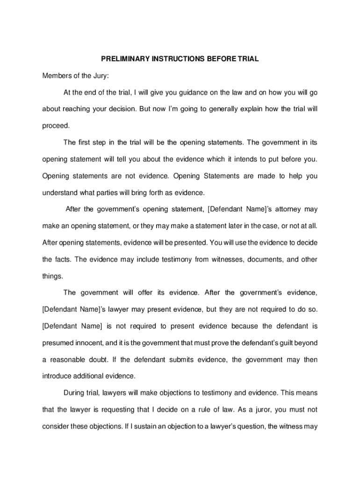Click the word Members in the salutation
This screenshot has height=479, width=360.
coord(56,76)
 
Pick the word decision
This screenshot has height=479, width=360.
coord(121,109)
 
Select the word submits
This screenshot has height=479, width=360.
coord(180,360)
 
